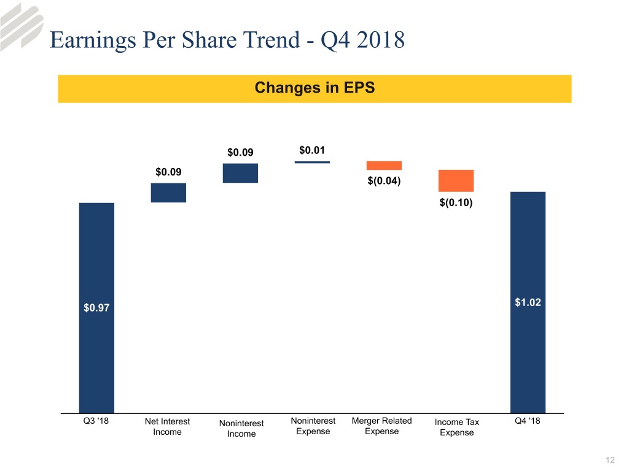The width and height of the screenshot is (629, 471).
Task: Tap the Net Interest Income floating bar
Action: click(168, 193)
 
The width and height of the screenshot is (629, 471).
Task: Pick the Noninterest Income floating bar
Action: click(240, 173)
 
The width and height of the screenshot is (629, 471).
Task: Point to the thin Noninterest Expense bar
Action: click(312, 162)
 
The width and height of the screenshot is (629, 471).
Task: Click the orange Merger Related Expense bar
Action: click(384, 166)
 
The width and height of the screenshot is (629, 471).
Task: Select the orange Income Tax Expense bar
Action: click(456, 181)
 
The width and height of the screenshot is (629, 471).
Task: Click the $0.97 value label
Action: click(96, 308)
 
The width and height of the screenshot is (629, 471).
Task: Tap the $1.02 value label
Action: click(528, 302)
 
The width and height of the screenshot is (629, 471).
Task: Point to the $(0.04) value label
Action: click(384, 181)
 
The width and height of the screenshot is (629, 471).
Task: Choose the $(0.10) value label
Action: click(456, 203)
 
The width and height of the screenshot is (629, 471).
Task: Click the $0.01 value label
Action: click(312, 150)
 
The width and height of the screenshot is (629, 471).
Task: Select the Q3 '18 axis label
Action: click(96, 421)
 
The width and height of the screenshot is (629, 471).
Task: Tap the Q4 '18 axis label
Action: click(527, 421)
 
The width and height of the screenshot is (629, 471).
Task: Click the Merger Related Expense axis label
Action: click(381, 426)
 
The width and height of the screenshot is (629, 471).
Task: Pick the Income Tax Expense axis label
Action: click(456, 427)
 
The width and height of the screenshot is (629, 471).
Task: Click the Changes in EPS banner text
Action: click(314, 88)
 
